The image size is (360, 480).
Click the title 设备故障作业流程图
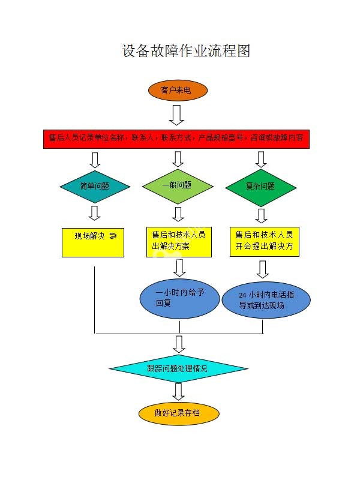click(186, 51)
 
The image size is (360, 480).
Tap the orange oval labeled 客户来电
click(178, 91)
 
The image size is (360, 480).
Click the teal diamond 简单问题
click(95, 186)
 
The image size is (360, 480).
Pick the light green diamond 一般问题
click(178, 185)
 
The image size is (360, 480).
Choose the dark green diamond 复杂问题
click(261, 187)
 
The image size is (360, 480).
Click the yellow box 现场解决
click(93, 242)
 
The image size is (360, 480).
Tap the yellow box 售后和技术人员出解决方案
click(178, 241)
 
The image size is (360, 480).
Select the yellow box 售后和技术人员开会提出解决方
click(264, 241)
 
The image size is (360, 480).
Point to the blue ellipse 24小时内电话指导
click(266, 300)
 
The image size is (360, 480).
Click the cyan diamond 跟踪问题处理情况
click(178, 368)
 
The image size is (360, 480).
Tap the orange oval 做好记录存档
click(178, 413)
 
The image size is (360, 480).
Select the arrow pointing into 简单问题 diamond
click(94, 160)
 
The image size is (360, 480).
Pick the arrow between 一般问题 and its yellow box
click(178, 214)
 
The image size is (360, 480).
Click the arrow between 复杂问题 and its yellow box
click(262, 215)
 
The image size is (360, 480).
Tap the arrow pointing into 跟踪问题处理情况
click(179, 344)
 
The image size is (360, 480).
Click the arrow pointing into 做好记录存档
click(178, 392)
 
